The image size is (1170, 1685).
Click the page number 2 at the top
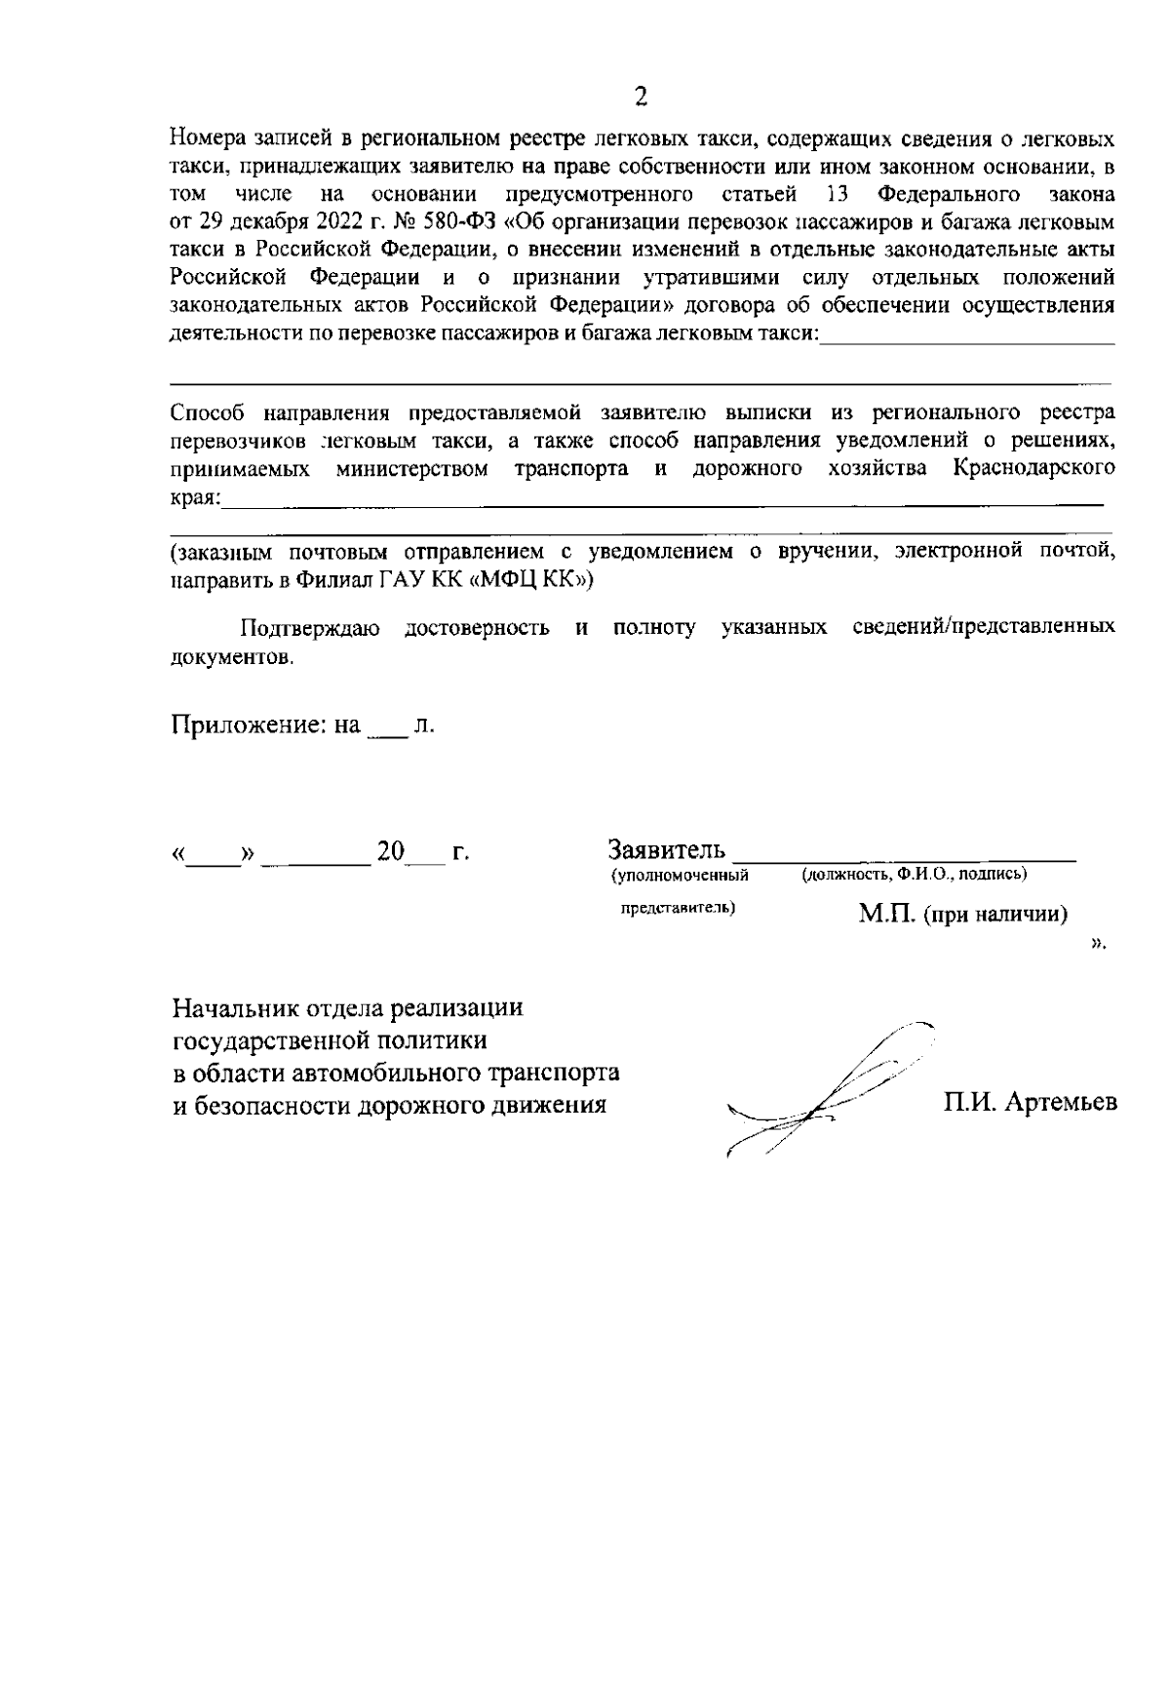point(641,96)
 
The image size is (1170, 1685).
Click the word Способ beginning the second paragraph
point(206,413)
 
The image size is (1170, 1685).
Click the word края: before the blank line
point(195,497)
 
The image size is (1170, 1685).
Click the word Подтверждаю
point(309,629)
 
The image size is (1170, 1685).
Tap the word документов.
point(231,657)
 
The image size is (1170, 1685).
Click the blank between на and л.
point(386,731)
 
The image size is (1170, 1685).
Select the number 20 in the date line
point(391,852)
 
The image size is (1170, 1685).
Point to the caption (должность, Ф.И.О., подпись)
point(913,875)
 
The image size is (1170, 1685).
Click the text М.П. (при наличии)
point(962,915)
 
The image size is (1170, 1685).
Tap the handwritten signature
point(829,1087)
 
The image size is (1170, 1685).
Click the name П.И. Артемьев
point(1030,1103)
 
